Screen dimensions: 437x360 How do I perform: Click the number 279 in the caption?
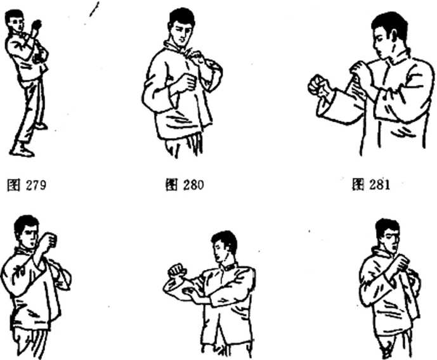pyautogui.click(x=36, y=185)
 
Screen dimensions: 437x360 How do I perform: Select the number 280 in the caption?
pyautogui.click(x=193, y=184)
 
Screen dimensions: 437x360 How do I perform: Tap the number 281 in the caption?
pyautogui.click(x=380, y=184)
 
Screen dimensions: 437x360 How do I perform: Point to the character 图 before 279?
pyautogui.click(x=14, y=186)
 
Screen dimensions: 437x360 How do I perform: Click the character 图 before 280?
pyautogui.click(x=171, y=184)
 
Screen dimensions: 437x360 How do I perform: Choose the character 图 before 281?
pyautogui.click(x=358, y=184)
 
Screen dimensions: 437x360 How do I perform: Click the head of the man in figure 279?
pyautogui.click(x=15, y=20)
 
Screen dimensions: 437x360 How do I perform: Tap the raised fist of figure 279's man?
pyautogui.click(x=37, y=25)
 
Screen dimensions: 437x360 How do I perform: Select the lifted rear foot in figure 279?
pyautogui.click(x=41, y=126)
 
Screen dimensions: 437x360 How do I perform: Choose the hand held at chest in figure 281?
pyautogui.click(x=359, y=70)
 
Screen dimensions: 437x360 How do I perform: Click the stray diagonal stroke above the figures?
pyautogui.click(x=95, y=9)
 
